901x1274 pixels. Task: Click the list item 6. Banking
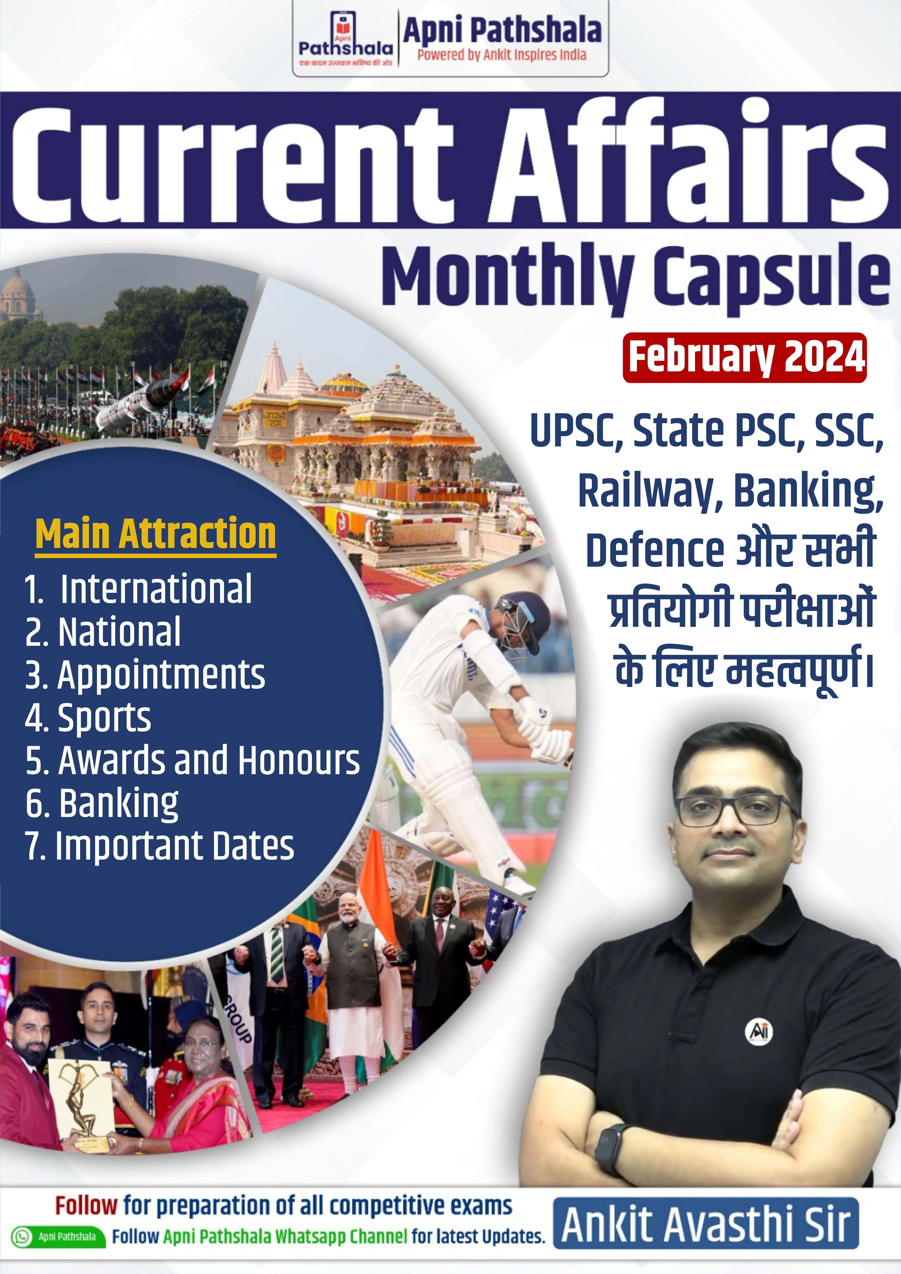point(102,803)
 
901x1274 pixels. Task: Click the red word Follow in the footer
point(86,1206)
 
